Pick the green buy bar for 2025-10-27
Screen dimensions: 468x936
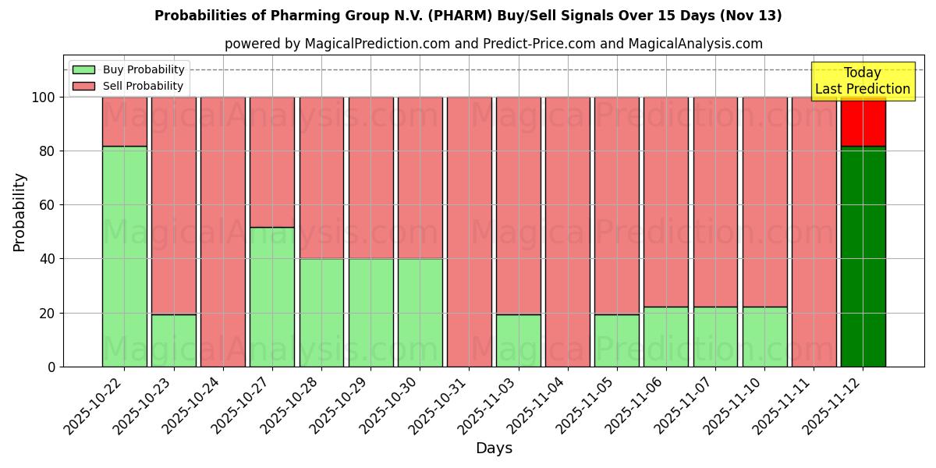pyautogui.click(x=272, y=296)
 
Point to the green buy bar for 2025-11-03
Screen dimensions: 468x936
pyautogui.click(x=518, y=340)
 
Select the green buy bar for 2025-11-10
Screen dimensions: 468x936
pyautogui.click(x=764, y=336)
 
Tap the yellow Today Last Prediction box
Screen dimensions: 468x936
pyautogui.click(x=862, y=81)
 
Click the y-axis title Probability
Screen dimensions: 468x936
pyautogui.click(x=20, y=212)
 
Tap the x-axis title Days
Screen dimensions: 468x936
pyautogui.click(x=494, y=448)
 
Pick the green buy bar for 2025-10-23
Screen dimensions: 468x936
pyautogui.click(x=173, y=340)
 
